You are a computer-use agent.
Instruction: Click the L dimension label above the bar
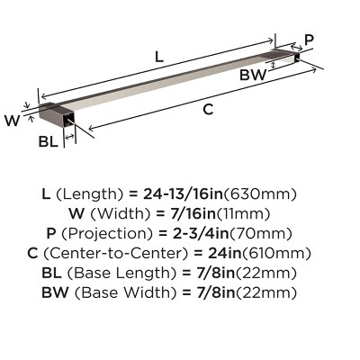tap(158, 56)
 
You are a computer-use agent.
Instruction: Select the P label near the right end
tap(310, 40)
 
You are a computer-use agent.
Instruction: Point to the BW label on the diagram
tap(253, 76)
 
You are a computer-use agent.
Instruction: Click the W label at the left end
tap(12, 118)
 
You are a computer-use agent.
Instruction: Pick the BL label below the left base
tap(49, 141)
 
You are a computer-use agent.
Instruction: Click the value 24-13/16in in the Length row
tap(199, 193)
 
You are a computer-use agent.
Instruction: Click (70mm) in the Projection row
tap(270, 233)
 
